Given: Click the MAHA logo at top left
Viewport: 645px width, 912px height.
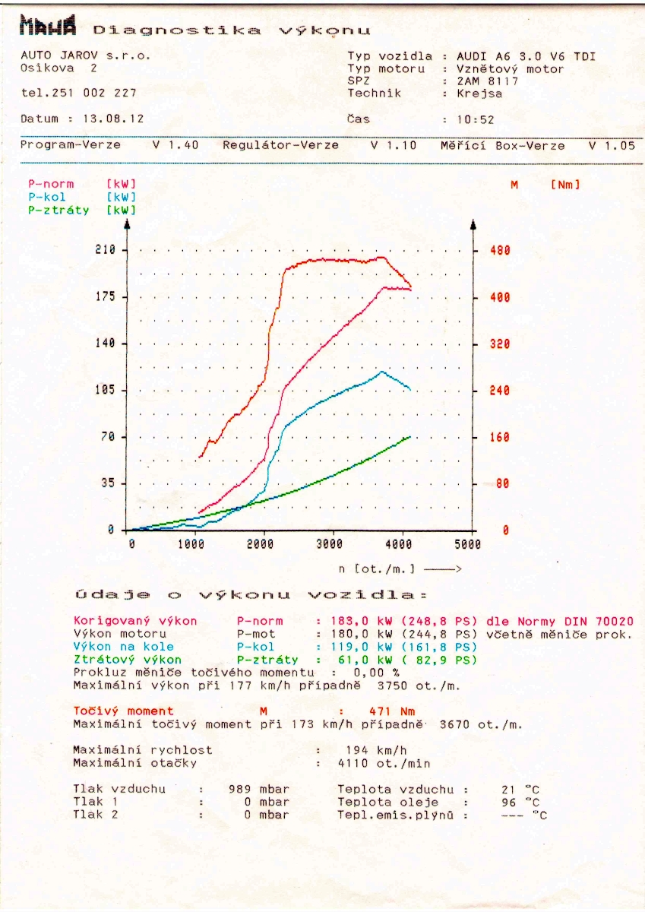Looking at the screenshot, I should coord(49,28).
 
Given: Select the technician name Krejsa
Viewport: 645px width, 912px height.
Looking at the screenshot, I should coord(479,93).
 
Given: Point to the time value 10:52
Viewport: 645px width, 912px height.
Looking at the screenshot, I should coord(476,119).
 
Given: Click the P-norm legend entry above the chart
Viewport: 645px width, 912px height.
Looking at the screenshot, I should coord(51,184).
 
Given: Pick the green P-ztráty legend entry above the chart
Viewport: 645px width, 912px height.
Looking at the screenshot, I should coord(58,211).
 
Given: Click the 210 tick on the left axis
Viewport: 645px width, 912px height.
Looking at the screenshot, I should coord(105,249).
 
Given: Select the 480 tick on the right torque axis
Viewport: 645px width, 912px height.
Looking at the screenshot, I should coord(499,250).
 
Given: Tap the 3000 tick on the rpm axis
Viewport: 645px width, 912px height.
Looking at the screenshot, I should coord(329,544).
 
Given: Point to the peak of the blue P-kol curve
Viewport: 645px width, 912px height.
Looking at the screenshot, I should coord(381,371).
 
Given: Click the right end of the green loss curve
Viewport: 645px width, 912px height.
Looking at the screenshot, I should coord(410,436).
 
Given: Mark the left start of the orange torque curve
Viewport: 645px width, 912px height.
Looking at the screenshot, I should coord(200,457).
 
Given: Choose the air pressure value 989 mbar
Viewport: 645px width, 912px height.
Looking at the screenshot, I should coord(258,789).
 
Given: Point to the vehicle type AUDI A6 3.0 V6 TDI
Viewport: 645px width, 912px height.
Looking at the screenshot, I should coord(526,55).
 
